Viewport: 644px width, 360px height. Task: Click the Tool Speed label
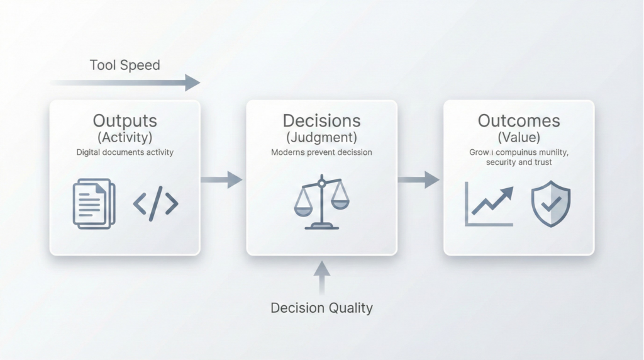click(125, 65)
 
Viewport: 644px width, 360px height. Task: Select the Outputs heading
click(125, 121)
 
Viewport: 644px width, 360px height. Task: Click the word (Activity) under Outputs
click(125, 137)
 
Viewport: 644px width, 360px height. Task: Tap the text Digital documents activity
click(125, 152)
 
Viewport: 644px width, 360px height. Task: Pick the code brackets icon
click(156, 203)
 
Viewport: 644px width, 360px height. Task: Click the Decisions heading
click(321, 121)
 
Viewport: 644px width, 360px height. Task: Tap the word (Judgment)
click(321, 137)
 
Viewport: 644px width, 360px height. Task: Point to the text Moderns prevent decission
click(321, 152)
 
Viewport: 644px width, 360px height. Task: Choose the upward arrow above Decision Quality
click(321, 277)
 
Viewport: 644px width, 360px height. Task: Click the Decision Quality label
click(321, 308)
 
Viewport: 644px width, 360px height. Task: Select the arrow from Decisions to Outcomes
click(418, 180)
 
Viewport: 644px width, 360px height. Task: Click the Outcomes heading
click(519, 121)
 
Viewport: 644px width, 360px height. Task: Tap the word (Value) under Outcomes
click(519, 137)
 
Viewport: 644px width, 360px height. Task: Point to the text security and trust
click(519, 162)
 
